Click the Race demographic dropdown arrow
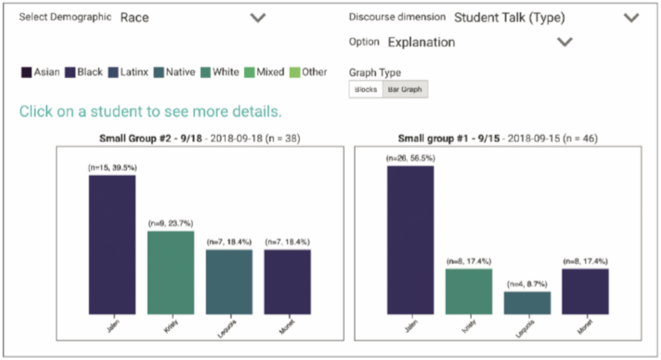click(258, 18)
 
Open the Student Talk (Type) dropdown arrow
click(631, 18)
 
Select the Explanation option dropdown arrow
click(565, 43)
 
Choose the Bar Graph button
click(404, 90)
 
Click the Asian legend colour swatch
click(26, 72)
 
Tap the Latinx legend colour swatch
click(113, 72)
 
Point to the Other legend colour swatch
click(295, 72)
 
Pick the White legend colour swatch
click(206, 72)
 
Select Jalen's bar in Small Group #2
click(112, 245)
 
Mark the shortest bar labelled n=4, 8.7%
click(527, 303)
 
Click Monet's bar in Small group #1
click(585, 292)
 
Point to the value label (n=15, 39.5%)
click(112, 168)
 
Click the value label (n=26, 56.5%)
click(411, 158)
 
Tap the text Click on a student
click(150, 112)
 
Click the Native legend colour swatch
click(159, 72)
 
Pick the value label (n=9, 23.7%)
click(170, 223)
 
